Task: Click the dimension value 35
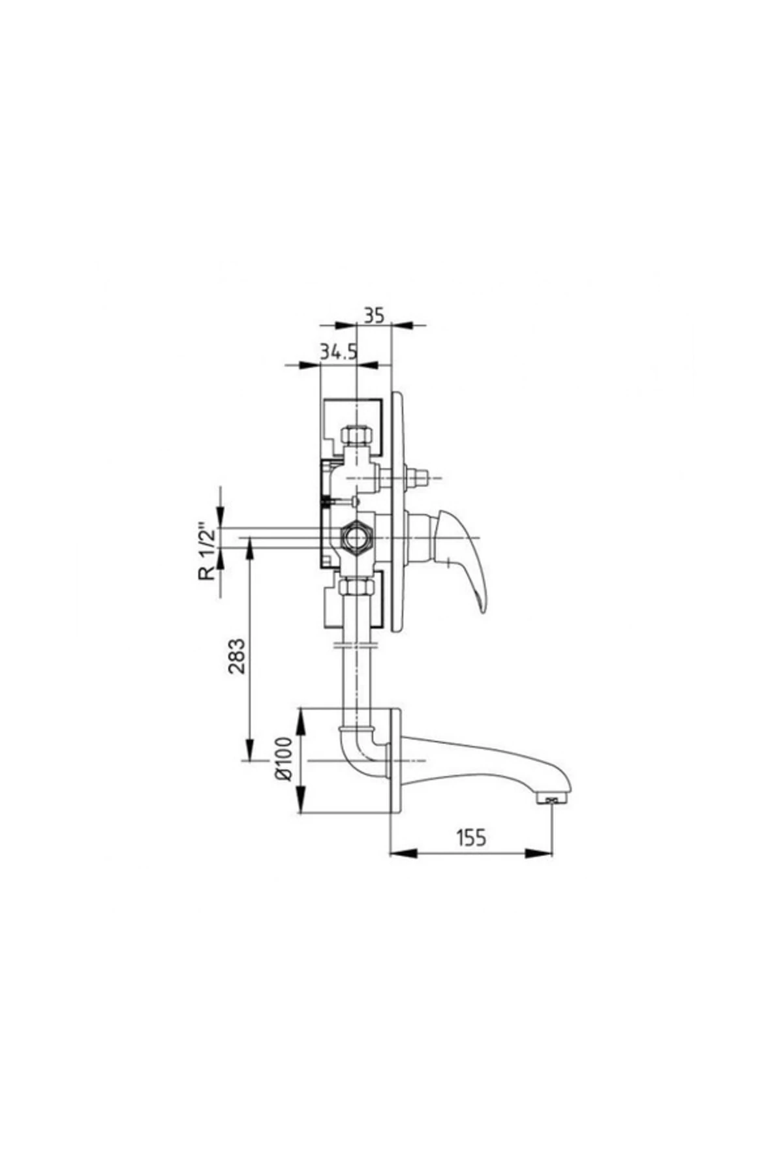pyautogui.click(x=373, y=316)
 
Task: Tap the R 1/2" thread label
pyautogui.click(x=207, y=552)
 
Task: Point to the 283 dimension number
pyautogui.click(x=238, y=655)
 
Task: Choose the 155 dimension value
pyautogui.click(x=471, y=837)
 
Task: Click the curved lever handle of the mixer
pyautogui.click(x=467, y=558)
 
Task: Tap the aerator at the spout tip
pyautogui.click(x=553, y=798)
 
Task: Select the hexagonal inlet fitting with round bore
pyautogui.click(x=356, y=537)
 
